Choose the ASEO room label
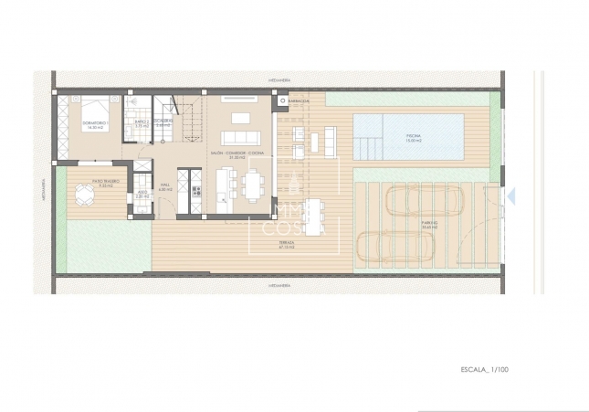[x=142, y=195]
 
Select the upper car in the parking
[x=425, y=199]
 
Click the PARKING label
[x=430, y=224]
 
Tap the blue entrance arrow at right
[x=511, y=195]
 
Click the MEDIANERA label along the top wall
[x=279, y=79]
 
